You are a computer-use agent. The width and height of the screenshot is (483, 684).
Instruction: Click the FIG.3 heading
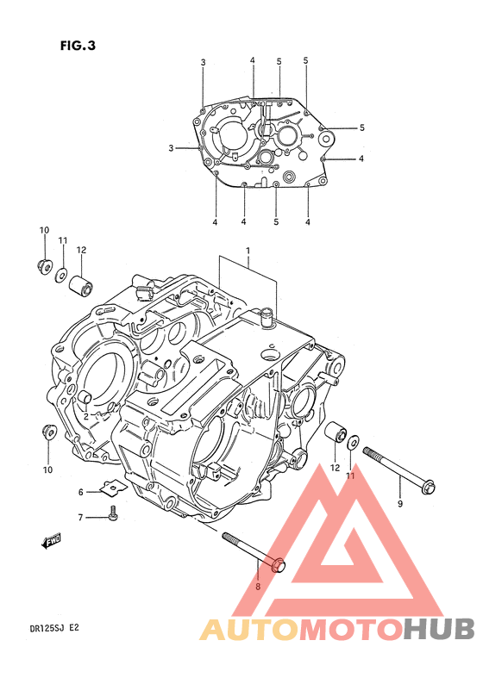coord(78,46)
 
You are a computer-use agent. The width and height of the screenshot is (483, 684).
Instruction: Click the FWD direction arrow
coord(50,541)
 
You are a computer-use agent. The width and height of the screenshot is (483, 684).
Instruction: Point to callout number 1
coord(248,251)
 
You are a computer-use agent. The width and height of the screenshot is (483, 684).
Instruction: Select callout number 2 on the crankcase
coord(86,416)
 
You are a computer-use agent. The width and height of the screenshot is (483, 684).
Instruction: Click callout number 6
coord(81,492)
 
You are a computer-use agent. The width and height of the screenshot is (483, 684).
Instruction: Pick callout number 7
coord(80,518)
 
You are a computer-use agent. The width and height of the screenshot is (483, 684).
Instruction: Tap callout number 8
coord(258,587)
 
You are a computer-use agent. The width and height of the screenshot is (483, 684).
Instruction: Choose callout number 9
coord(400,504)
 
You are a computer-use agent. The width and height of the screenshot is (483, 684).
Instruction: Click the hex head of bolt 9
coord(428,486)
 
